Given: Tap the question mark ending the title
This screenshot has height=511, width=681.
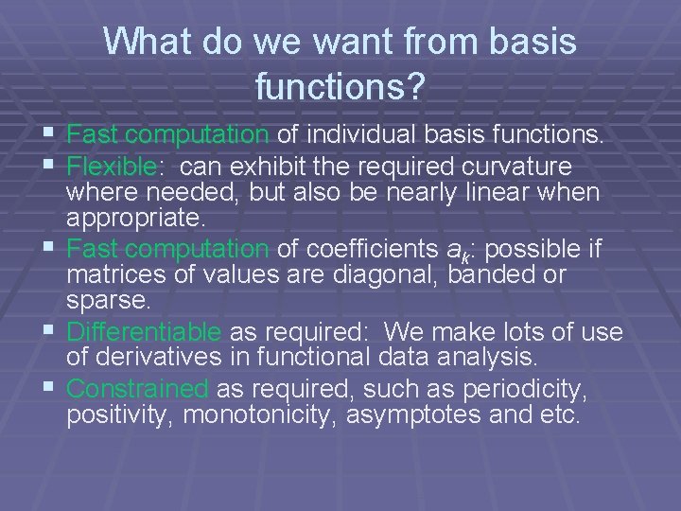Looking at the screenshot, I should pyautogui.click(x=417, y=88).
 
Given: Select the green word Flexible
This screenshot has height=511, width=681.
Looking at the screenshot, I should pyautogui.click(x=111, y=167).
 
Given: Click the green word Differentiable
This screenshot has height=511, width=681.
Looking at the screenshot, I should pyautogui.click(x=145, y=332).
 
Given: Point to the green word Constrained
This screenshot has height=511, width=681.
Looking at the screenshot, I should pyautogui.click(x=138, y=389).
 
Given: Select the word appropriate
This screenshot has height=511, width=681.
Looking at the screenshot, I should pyautogui.click(x=134, y=219).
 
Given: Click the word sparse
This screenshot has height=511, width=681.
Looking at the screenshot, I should pyautogui.click(x=106, y=300).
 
